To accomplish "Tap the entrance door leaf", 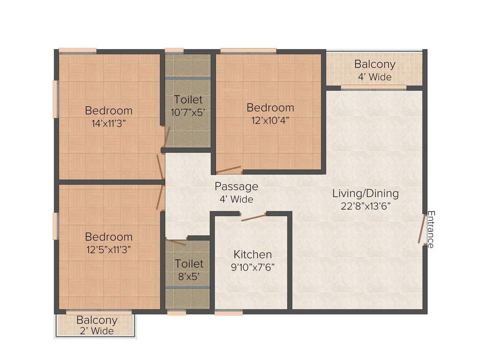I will coord(422,229).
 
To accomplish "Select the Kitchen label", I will coord(253,255).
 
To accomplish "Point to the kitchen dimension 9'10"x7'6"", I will coord(253,267).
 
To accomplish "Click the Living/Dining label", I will coord(365,193).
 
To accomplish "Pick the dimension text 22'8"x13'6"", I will coord(365,205).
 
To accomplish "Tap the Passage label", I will coord(236,187).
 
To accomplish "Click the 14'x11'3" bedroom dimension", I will coord(108,123).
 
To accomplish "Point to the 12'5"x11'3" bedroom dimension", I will coord(108,249).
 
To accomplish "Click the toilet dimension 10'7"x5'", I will coord(188,112).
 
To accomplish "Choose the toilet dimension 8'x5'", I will coord(189,276).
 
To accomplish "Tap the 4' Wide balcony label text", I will coord(375,77).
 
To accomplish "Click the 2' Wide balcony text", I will coord(97,331).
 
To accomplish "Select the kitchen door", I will coord(254,216).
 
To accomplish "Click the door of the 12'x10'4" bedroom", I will coord(228,170).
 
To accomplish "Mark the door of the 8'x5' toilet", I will coord(176,242).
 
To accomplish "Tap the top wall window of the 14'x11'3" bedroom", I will coord(77,51).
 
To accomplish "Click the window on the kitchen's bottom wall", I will coord(229,312).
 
